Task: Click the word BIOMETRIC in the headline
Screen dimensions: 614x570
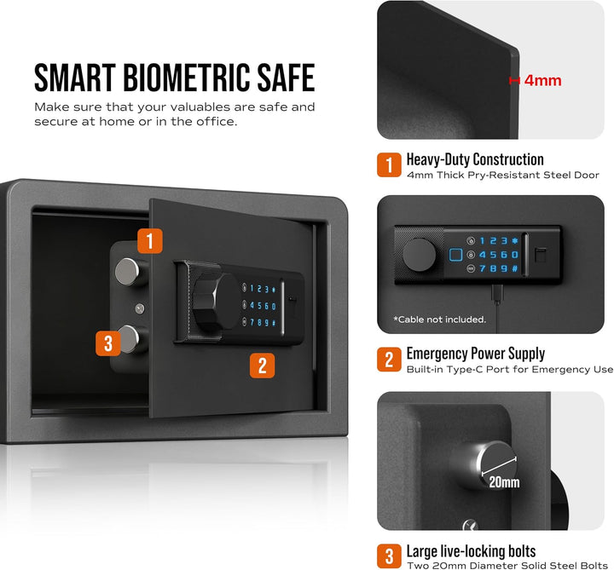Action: [187, 78]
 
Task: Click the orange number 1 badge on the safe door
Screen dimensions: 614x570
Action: [149, 240]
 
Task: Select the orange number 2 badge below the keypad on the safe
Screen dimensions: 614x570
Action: [262, 366]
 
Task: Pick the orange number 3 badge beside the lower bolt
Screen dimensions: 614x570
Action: [108, 343]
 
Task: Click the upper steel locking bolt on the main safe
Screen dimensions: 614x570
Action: [128, 271]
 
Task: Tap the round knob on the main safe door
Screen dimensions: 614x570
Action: [216, 301]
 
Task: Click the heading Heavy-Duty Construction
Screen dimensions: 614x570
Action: [475, 159]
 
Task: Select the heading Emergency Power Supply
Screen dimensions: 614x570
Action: [475, 354]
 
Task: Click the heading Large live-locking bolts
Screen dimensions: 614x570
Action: [471, 551]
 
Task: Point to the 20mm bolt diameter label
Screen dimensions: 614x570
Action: [504, 482]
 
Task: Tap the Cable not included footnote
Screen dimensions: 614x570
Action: [440, 320]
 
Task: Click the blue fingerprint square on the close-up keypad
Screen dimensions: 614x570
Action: [455, 255]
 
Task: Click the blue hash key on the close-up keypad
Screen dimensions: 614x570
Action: [515, 268]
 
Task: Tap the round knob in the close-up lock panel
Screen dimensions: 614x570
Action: [420, 255]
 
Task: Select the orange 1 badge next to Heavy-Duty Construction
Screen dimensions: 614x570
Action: [389, 164]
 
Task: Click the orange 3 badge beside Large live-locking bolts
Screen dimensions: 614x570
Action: [389, 556]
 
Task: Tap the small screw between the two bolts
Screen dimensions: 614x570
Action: [140, 308]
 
